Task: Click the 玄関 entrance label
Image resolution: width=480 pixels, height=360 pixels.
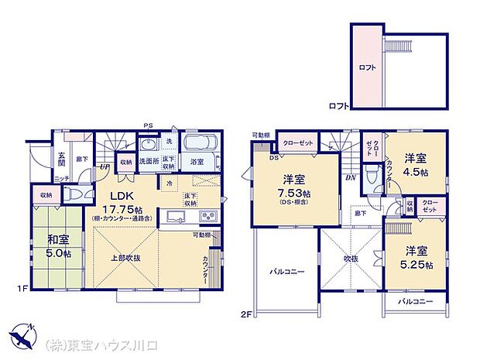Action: (61, 160)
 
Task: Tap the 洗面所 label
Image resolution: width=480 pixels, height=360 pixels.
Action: (149, 162)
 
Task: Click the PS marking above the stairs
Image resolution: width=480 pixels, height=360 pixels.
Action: (147, 126)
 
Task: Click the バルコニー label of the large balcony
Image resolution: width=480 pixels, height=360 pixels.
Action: (286, 271)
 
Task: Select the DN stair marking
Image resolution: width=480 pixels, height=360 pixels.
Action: (351, 177)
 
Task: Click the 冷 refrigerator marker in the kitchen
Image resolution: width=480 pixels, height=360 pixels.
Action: (170, 183)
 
